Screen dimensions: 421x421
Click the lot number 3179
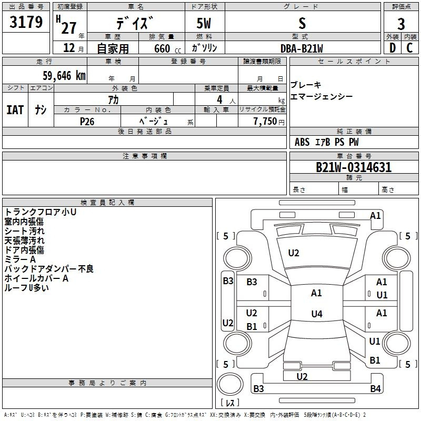pyautogui.click(x=27, y=23)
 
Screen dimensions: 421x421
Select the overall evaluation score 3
pyautogui.click(x=401, y=24)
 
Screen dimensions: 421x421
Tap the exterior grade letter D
pyautogui.click(x=392, y=48)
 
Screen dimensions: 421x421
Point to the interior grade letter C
pyautogui.click(x=409, y=48)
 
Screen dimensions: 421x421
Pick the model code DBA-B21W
pyautogui.click(x=302, y=48)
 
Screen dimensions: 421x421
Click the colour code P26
pyautogui.click(x=87, y=121)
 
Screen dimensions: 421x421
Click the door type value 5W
pyautogui.click(x=205, y=24)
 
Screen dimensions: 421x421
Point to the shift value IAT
pyautogui.click(x=15, y=110)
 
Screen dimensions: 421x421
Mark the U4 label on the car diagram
pyautogui.click(x=316, y=314)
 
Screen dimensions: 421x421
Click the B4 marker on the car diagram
pyautogui.click(x=375, y=389)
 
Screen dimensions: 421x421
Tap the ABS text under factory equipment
pyautogui.click(x=302, y=142)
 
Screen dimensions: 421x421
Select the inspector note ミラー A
pyautogui.click(x=20, y=259)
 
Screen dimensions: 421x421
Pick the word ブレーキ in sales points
pyautogui.click(x=306, y=85)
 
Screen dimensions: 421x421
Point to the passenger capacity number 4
pyautogui.click(x=219, y=99)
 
